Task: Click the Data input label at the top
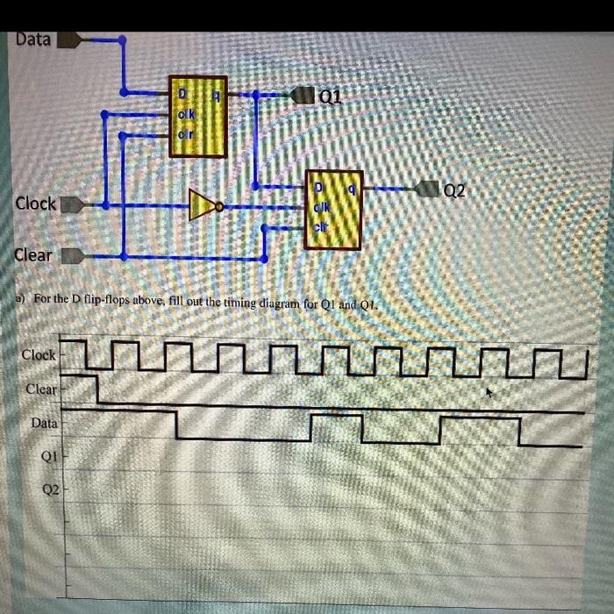[32, 39]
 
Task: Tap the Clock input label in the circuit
[35, 203]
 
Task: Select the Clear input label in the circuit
[32, 255]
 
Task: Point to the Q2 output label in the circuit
[456, 189]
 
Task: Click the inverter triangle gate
[203, 206]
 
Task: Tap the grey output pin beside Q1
[303, 94]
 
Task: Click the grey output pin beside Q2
[429, 188]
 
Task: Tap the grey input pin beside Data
[70, 39]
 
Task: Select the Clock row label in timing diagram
[39, 355]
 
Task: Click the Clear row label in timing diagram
[41, 389]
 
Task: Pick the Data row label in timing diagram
[44, 423]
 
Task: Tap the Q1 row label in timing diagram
[49, 456]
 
